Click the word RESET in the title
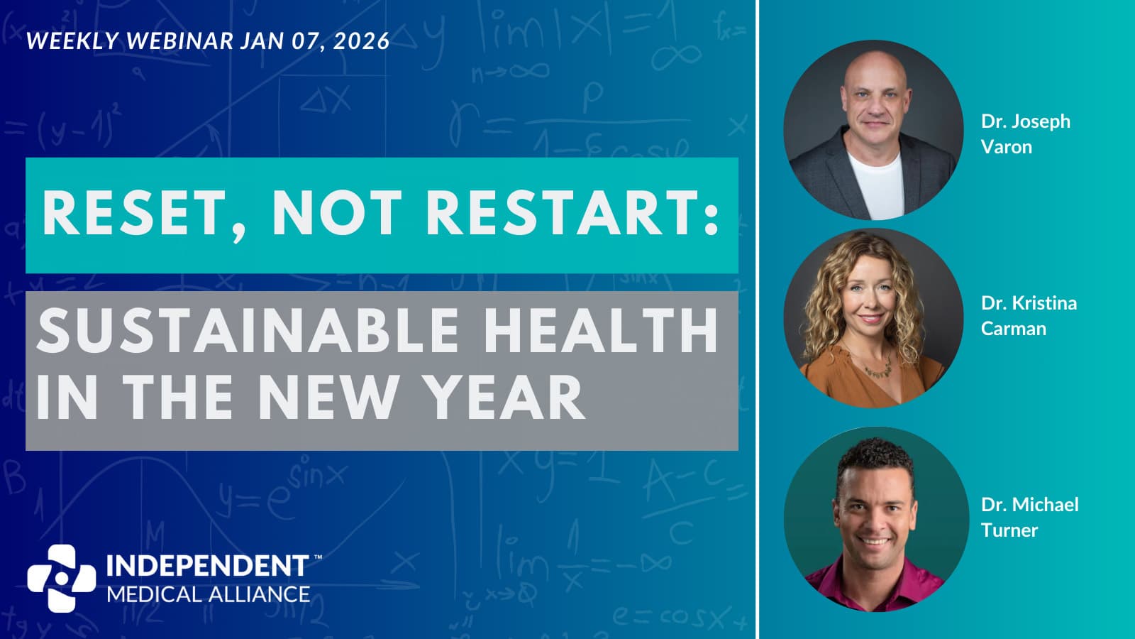pyautogui.click(x=133, y=212)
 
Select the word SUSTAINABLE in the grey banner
pyautogui.click(x=248, y=331)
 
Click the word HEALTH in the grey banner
pyautogui.click(x=601, y=331)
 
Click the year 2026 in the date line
pyautogui.click(x=361, y=41)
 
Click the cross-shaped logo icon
pyautogui.click(x=61, y=578)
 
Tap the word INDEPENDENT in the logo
pyautogui.click(x=207, y=566)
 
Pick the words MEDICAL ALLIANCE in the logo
pyautogui.click(x=209, y=594)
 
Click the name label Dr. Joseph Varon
pyautogui.click(x=1026, y=134)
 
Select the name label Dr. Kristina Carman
pyautogui.click(x=1029, y=315)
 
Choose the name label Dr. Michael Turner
pyautogui.click(x=1029, y=518)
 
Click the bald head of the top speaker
pyautogui.click(x=875, y=68)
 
